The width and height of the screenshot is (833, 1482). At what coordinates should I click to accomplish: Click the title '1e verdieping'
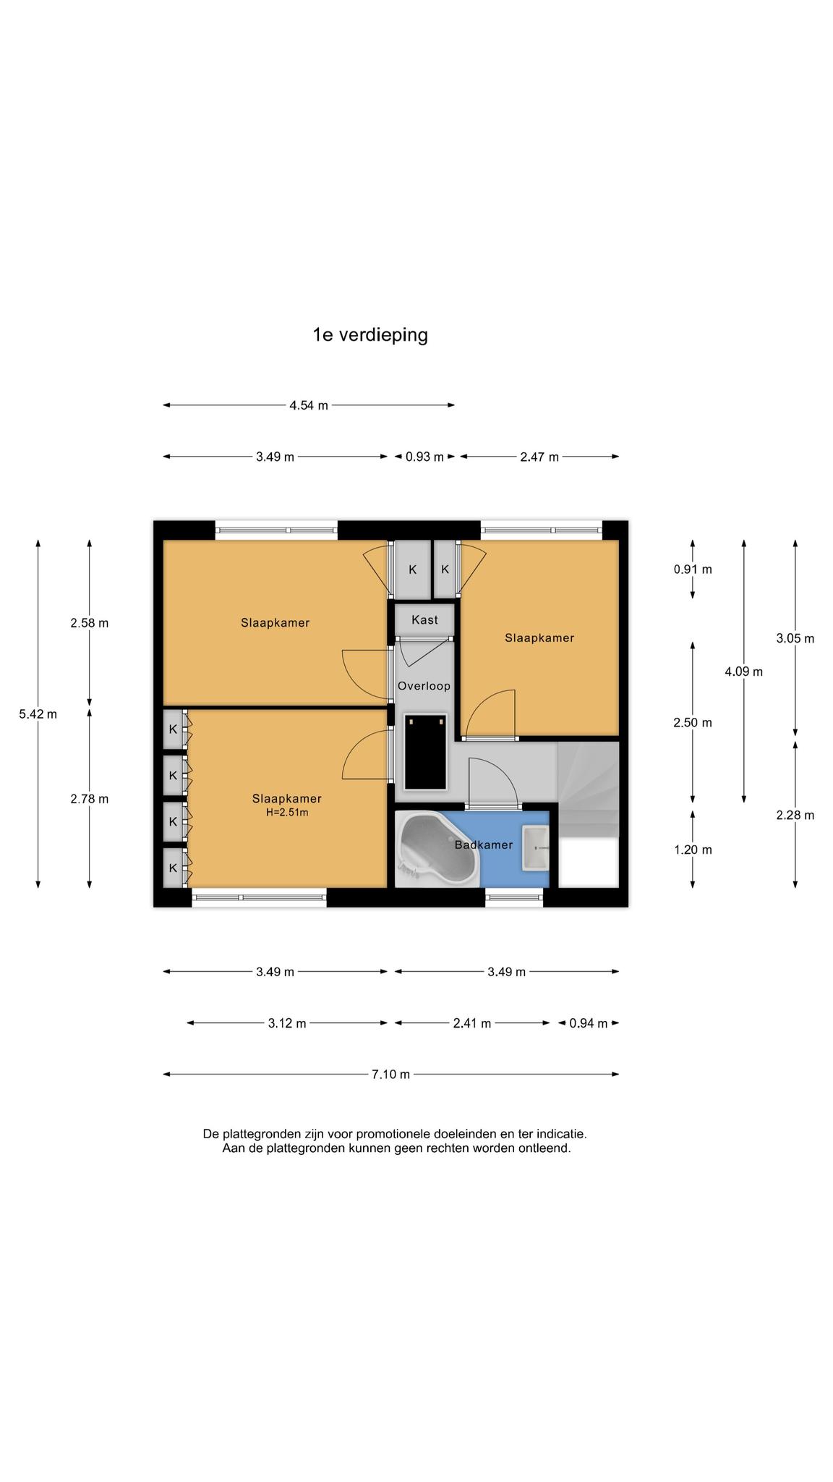click(x=370, y=335)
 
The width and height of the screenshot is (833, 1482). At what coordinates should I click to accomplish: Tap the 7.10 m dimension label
click(x=390, y=1075)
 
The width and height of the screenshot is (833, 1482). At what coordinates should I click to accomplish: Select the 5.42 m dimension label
click(x=38, y=714)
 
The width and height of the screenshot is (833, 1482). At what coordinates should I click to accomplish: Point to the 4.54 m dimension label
click(x=309, y=405)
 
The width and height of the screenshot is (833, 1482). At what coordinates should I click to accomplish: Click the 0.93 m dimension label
click(x=424, y=457)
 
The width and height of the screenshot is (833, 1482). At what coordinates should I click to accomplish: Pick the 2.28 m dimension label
click(x=795, y=816)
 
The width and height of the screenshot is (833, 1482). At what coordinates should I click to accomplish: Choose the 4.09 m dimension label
click(x=744, y=672)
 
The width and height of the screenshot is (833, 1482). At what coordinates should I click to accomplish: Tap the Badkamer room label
click(x=484, y=844)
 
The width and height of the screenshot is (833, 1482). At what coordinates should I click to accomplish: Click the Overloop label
click(x=424, y=686)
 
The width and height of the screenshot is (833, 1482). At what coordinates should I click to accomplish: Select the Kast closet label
click(x=424, y=620)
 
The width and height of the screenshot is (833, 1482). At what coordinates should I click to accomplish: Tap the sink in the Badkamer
click(x=536, y=848)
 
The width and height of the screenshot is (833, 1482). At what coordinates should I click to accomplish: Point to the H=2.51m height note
click(x=287, y=813)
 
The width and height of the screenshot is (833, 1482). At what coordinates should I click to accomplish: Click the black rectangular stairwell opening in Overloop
click(x=426, y=752)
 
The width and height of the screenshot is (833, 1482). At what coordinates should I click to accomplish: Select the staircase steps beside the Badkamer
click(x=589, y=789)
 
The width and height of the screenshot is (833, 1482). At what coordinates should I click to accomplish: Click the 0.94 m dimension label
click(x=589, y=1023)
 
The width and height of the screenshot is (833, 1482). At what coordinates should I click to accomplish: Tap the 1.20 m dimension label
click(x=693, y=850)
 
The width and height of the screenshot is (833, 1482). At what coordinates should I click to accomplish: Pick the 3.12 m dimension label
click(x=287, y=1023)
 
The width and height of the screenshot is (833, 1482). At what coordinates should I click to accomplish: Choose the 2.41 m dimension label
click(x=471, y=1023)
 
